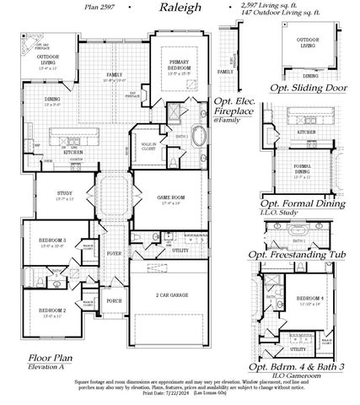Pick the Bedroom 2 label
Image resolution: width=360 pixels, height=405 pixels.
coord(52,311)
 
